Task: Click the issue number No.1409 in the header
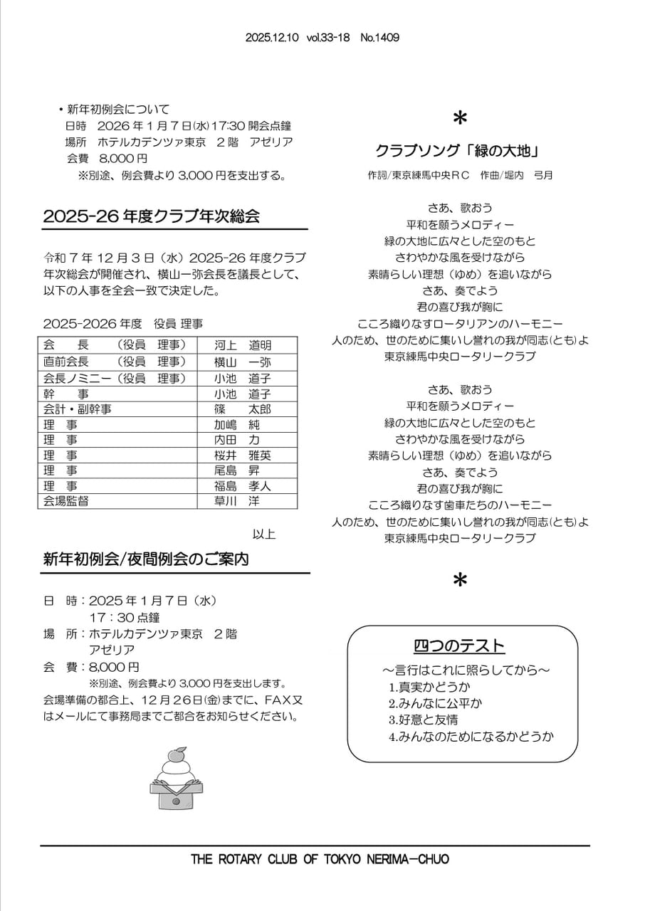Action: (x=379, y=38)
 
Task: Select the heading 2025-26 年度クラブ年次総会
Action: (x=151, y=216)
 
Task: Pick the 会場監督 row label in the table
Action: (x=66, y=501)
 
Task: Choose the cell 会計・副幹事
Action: (x=78, y=409)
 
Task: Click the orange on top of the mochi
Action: (x=176, y=754)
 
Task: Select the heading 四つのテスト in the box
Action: (x=459, y=646)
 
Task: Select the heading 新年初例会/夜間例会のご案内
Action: (x=146, y=559)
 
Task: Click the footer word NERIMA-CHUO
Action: (x=408, y=859)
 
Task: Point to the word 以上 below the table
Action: (x=264, y=534)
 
